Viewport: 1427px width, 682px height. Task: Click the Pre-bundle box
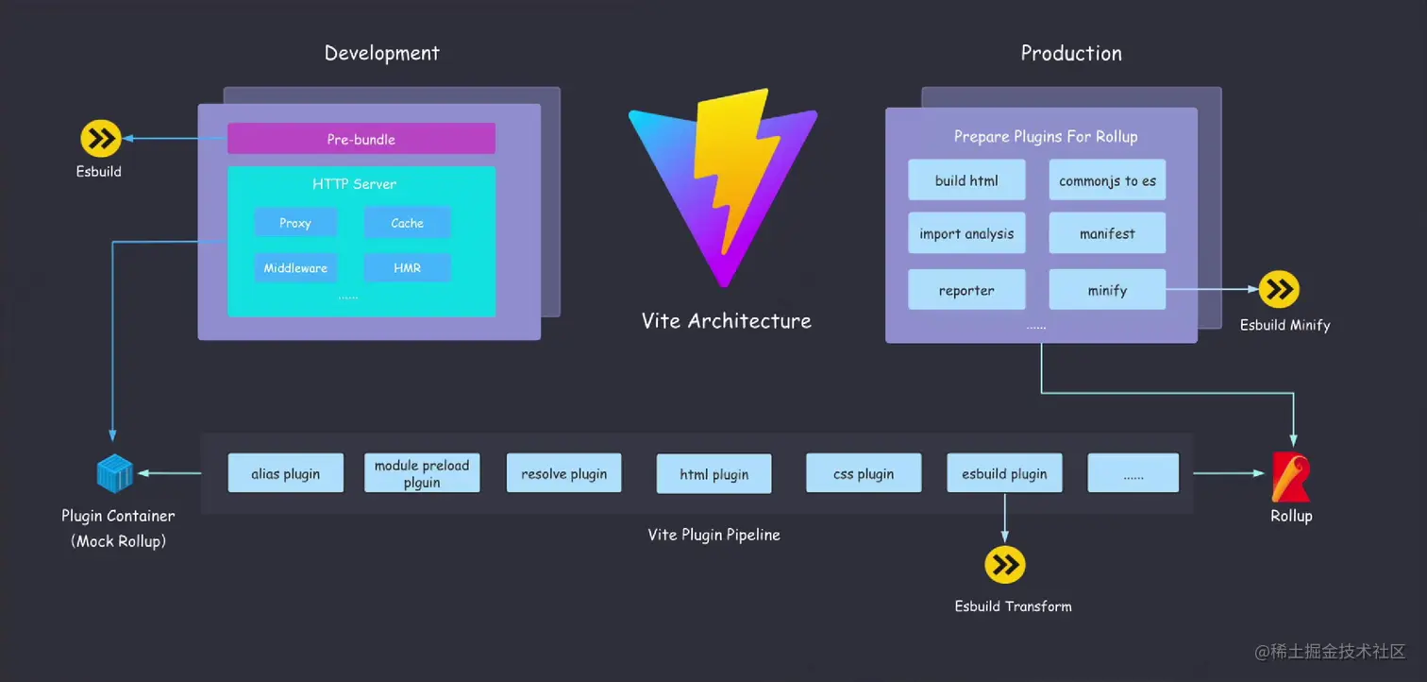361,139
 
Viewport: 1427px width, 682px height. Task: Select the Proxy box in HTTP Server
295,223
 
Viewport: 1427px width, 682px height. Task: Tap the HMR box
407,268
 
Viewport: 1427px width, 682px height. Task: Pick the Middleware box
295,268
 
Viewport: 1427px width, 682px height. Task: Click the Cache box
407,223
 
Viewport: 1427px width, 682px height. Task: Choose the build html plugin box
966,180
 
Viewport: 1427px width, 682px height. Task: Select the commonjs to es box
1107,180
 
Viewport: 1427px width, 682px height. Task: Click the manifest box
1107,233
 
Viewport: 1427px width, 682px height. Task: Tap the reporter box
966,290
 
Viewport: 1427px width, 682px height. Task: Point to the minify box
1107,290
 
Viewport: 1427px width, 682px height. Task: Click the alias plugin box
285,473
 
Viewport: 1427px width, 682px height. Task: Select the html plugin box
713,474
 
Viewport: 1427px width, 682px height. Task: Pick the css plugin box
863,473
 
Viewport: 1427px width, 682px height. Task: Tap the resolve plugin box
563,473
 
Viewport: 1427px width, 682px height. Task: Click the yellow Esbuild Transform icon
1004,565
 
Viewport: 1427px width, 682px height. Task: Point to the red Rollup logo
1290,476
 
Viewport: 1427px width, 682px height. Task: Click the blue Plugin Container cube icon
115,474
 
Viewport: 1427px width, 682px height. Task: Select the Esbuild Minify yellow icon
1279,290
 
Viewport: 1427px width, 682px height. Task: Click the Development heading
381,53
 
